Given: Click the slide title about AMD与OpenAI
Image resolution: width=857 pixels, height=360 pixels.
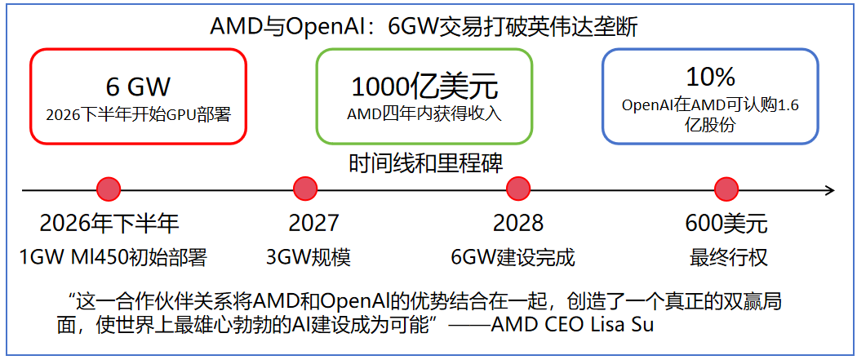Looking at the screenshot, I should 424,27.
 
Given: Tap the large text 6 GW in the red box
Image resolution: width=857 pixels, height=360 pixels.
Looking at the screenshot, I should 138,87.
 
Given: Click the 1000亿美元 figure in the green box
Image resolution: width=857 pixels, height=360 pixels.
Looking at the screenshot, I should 424,87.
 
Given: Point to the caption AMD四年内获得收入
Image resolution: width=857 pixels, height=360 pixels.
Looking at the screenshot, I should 424,113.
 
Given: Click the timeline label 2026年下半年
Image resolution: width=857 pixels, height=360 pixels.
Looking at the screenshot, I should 109,224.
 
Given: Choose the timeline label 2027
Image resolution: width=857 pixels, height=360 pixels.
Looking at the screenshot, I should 313,224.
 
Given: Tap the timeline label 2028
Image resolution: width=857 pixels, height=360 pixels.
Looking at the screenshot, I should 518,224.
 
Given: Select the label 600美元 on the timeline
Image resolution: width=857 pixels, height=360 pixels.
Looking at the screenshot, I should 726,224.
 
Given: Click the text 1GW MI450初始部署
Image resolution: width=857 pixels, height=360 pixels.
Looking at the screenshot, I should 113,259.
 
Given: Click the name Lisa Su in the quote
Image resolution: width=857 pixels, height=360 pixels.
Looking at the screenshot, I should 633,325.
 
